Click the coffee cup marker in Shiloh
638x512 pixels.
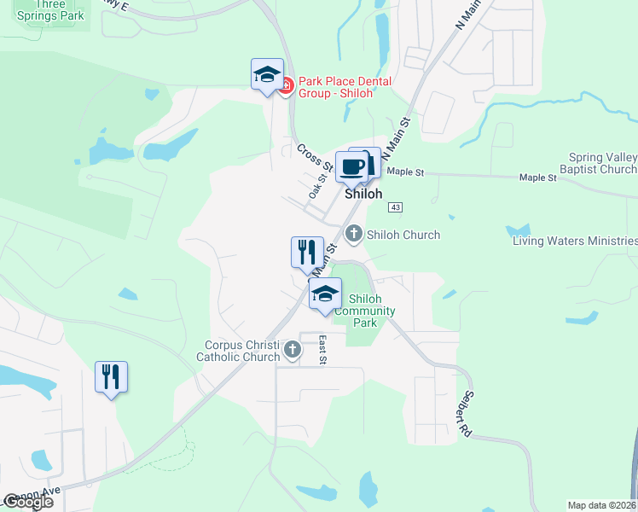[x=351, y=166]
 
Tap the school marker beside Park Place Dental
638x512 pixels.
[x=267, y=73]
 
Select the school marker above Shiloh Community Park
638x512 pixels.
[x=324, y=294]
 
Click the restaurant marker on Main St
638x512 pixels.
[x=307, y=252]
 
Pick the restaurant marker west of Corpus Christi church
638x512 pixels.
[x=111, y=376]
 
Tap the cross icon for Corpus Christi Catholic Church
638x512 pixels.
[x=293, y=348]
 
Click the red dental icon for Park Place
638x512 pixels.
[x=287, y=85]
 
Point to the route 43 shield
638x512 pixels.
[x=394, y=207]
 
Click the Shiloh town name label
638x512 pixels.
[x=363, y=194]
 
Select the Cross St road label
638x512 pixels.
[x=314, y=156]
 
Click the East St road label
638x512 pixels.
[x=322, y=350]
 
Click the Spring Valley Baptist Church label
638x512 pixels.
[x=603, y=163]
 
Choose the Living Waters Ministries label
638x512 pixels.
[x=574, y=241]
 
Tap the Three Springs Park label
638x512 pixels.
[x=51, y=9]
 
